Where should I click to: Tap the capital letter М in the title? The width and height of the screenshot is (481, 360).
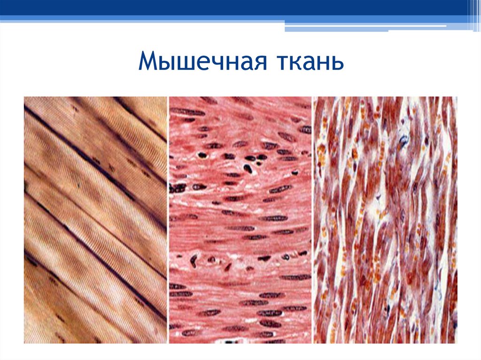(149, 62)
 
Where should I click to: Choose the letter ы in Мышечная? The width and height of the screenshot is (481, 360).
(166, 63)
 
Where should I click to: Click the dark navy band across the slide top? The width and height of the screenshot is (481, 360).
(235, 7)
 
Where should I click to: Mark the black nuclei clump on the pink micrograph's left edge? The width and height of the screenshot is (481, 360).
(178, 188)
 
